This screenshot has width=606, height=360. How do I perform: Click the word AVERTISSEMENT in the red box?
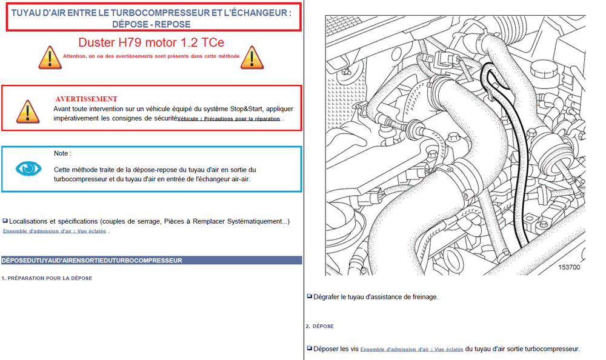pyautogui.click(x=86, y=99)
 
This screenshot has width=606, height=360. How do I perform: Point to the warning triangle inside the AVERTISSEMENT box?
pyautogui.click(x=27, y=111)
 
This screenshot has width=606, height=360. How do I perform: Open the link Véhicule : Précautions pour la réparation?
pyautogui.click(x=228, y=119)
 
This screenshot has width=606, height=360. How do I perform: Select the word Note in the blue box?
pyautogui.click(x=62, y=153)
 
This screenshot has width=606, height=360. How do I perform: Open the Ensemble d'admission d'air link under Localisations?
pyautogui.click(x=55, y=231)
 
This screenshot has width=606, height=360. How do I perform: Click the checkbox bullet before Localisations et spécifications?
pyautogui.click(x=5, y=221)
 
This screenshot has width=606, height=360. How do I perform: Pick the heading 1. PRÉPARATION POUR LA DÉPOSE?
pyautogui.click(x=47, y=278)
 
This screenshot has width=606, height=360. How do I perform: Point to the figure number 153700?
pyautogui.click(x=569, y=267)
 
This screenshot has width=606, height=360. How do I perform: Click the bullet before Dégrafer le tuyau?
pyautogui.click(x=309, y=296)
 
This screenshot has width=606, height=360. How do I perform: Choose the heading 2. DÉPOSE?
pyautogui.click(x=319, y=326)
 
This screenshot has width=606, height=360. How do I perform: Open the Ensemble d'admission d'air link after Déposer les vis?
pyautogui.click(x=411, y=349)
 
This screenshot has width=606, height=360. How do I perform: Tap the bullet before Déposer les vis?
pyautogui.click(x=309, y=348)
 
